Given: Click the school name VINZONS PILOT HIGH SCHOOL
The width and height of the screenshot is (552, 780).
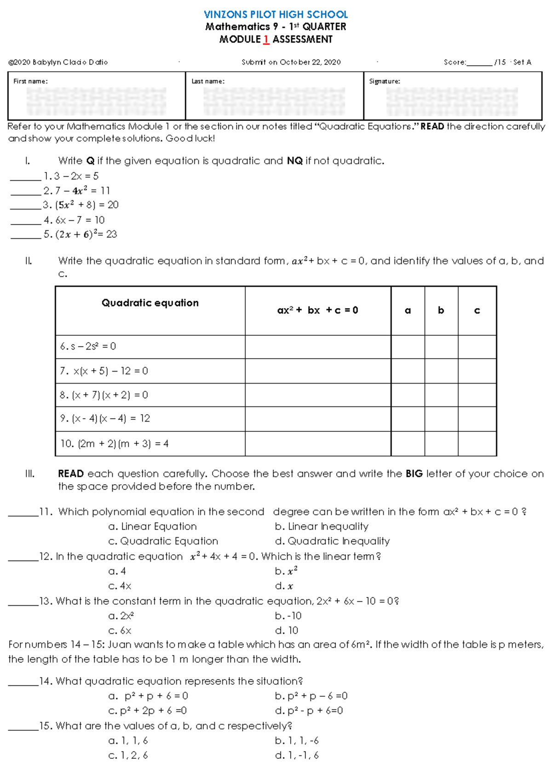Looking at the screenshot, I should [x=276, y=14].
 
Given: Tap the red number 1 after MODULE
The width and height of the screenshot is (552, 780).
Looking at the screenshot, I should [x=266, y=40].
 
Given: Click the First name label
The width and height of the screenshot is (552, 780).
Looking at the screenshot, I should [x=30, y=81].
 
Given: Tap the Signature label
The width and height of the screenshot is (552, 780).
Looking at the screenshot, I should [x=384, y=81].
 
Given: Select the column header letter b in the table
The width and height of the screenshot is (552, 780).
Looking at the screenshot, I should [x=441, y=310].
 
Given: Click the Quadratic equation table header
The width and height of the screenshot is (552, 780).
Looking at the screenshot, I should [x=150, y=303].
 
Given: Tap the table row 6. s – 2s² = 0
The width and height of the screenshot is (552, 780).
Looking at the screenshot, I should [x=88, y=346].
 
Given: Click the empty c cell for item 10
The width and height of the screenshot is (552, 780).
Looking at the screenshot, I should [x=477, y=444].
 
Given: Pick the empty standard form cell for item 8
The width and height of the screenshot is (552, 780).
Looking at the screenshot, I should [x=317, y=395].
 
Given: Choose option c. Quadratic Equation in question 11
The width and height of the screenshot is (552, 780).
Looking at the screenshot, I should [x=163, y=541].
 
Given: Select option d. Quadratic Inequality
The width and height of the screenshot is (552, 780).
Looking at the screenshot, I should [x=332, y=541].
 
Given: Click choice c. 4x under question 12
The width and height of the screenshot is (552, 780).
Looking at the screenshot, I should [x=120, y=586].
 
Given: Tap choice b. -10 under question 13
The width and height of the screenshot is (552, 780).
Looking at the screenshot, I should [x=288, y=616].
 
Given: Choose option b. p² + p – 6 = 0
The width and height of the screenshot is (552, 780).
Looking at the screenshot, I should [x=311, y=696].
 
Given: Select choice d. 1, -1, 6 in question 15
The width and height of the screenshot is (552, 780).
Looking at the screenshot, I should [x=297, y=755].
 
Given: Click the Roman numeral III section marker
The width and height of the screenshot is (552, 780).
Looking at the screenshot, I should [x=30, y=474].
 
